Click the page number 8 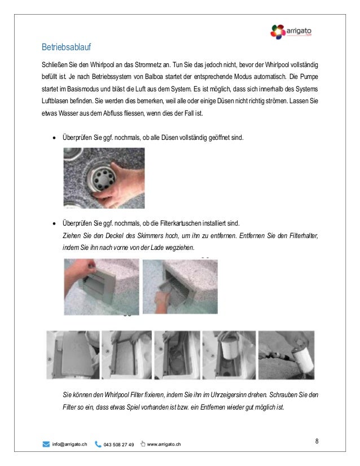[317, 441]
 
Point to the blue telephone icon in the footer [98, 445]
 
